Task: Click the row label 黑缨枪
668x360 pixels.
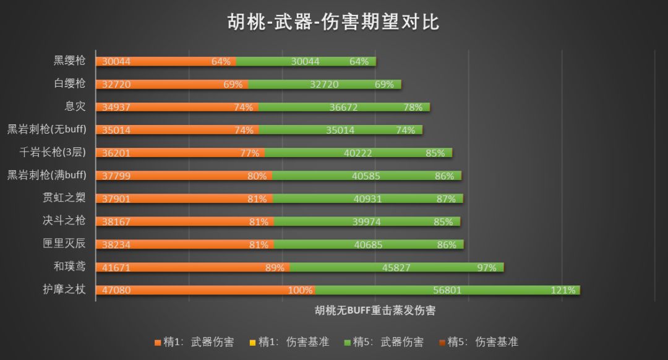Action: click(x=69, y=61)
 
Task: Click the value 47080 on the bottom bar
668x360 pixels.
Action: click(x=117, y=290)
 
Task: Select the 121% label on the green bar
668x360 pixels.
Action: click(x=563, y=290)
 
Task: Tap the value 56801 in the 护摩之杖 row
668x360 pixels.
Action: click(x=447, y=290)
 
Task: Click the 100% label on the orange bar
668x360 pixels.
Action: click(x=300, y=290)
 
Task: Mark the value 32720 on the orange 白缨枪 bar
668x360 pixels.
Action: click(x=117, y=84)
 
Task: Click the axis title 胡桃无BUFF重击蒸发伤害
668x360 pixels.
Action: click(x=375, y=311)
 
